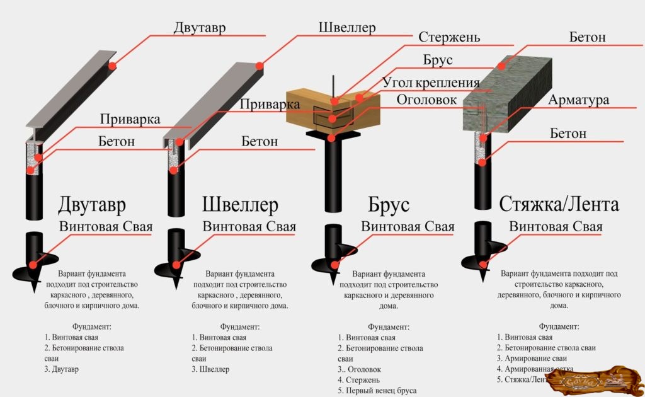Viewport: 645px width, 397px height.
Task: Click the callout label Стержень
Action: click(x=449, y=37)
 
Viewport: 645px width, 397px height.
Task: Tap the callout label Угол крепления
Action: click(x=431, y=83)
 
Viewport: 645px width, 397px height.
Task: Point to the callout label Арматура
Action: click(x=578, y=100)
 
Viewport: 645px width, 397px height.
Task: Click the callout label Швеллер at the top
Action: click(x=347, y=28)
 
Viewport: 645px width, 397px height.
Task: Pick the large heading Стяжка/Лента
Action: click(x=559, y=204)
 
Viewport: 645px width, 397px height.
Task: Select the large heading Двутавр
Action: click(x=92, y=205)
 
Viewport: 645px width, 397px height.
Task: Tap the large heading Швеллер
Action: click(x=241, y=205)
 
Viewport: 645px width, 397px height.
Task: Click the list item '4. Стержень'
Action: click(x=358, y=380)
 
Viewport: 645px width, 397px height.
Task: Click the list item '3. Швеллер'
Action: click(x=210, y=369)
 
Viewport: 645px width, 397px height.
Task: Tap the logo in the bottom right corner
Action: click(x=595, y=379)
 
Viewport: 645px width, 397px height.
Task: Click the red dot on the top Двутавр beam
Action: click(x=112, y=66)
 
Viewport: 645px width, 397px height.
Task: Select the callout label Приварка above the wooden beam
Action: click(x=270, y=104)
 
